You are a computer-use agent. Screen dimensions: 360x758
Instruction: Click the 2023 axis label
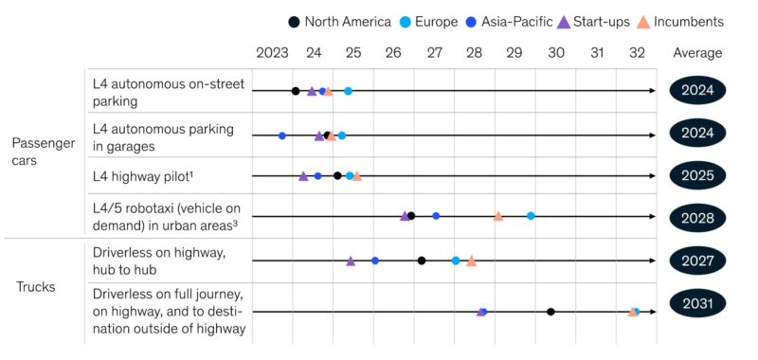[x=272, y=53]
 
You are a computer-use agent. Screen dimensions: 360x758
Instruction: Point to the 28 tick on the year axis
[x=474, y=53]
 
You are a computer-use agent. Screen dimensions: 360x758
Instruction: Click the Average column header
[x=697, y=53]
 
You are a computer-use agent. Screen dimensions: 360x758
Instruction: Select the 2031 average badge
[x=697, y=304]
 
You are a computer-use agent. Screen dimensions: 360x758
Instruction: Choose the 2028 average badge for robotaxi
[x=697, y=217]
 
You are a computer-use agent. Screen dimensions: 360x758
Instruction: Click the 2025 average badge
[x=697, y=175]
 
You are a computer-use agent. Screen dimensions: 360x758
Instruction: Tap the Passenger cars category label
[x=43, y=152]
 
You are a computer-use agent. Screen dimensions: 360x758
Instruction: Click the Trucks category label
[x=36, y=286]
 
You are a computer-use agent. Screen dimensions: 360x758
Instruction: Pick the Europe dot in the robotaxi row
[x=531, y=216]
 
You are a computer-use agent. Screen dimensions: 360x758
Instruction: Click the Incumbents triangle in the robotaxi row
[x=498, y=216]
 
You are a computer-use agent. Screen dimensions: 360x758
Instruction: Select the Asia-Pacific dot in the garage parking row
[x=282, y=135]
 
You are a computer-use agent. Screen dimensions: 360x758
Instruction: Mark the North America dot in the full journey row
[x=550, y=311]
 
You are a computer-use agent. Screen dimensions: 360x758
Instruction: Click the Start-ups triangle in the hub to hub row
[x=351, y=260]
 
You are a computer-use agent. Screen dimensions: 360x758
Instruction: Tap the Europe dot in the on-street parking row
[x=348, y=91]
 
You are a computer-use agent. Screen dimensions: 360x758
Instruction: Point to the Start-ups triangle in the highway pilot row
[x=303, y=175]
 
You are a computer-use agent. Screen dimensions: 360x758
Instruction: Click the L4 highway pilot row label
[x=138, y=175]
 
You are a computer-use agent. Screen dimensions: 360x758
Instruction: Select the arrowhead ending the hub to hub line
[x=651, y=260]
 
